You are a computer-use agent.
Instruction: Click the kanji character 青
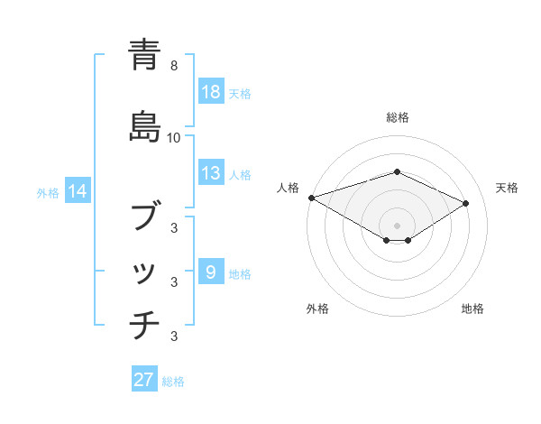point(144,55)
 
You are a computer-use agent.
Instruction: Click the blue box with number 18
point(210,92)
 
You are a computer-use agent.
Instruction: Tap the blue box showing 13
point(210,173)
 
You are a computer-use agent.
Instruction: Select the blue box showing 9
point(210,272)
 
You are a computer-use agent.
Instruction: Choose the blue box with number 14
point(78,191)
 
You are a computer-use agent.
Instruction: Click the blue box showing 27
point(144,380)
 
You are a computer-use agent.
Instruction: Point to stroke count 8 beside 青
point(174,66)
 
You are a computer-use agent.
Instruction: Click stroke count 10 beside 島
point(174,137)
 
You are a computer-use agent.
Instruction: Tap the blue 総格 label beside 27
point(173,382)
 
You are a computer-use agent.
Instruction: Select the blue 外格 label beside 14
point(48,192)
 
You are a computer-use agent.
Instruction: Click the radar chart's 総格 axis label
point(397,117)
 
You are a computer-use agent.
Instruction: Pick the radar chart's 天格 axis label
point(507,188)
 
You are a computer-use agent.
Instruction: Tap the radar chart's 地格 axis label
point(472,309)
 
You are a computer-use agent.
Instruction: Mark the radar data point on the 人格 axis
point(311,197)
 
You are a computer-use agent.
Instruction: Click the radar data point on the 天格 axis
point(466,203)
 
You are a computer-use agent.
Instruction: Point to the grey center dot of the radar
point(397,226)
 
